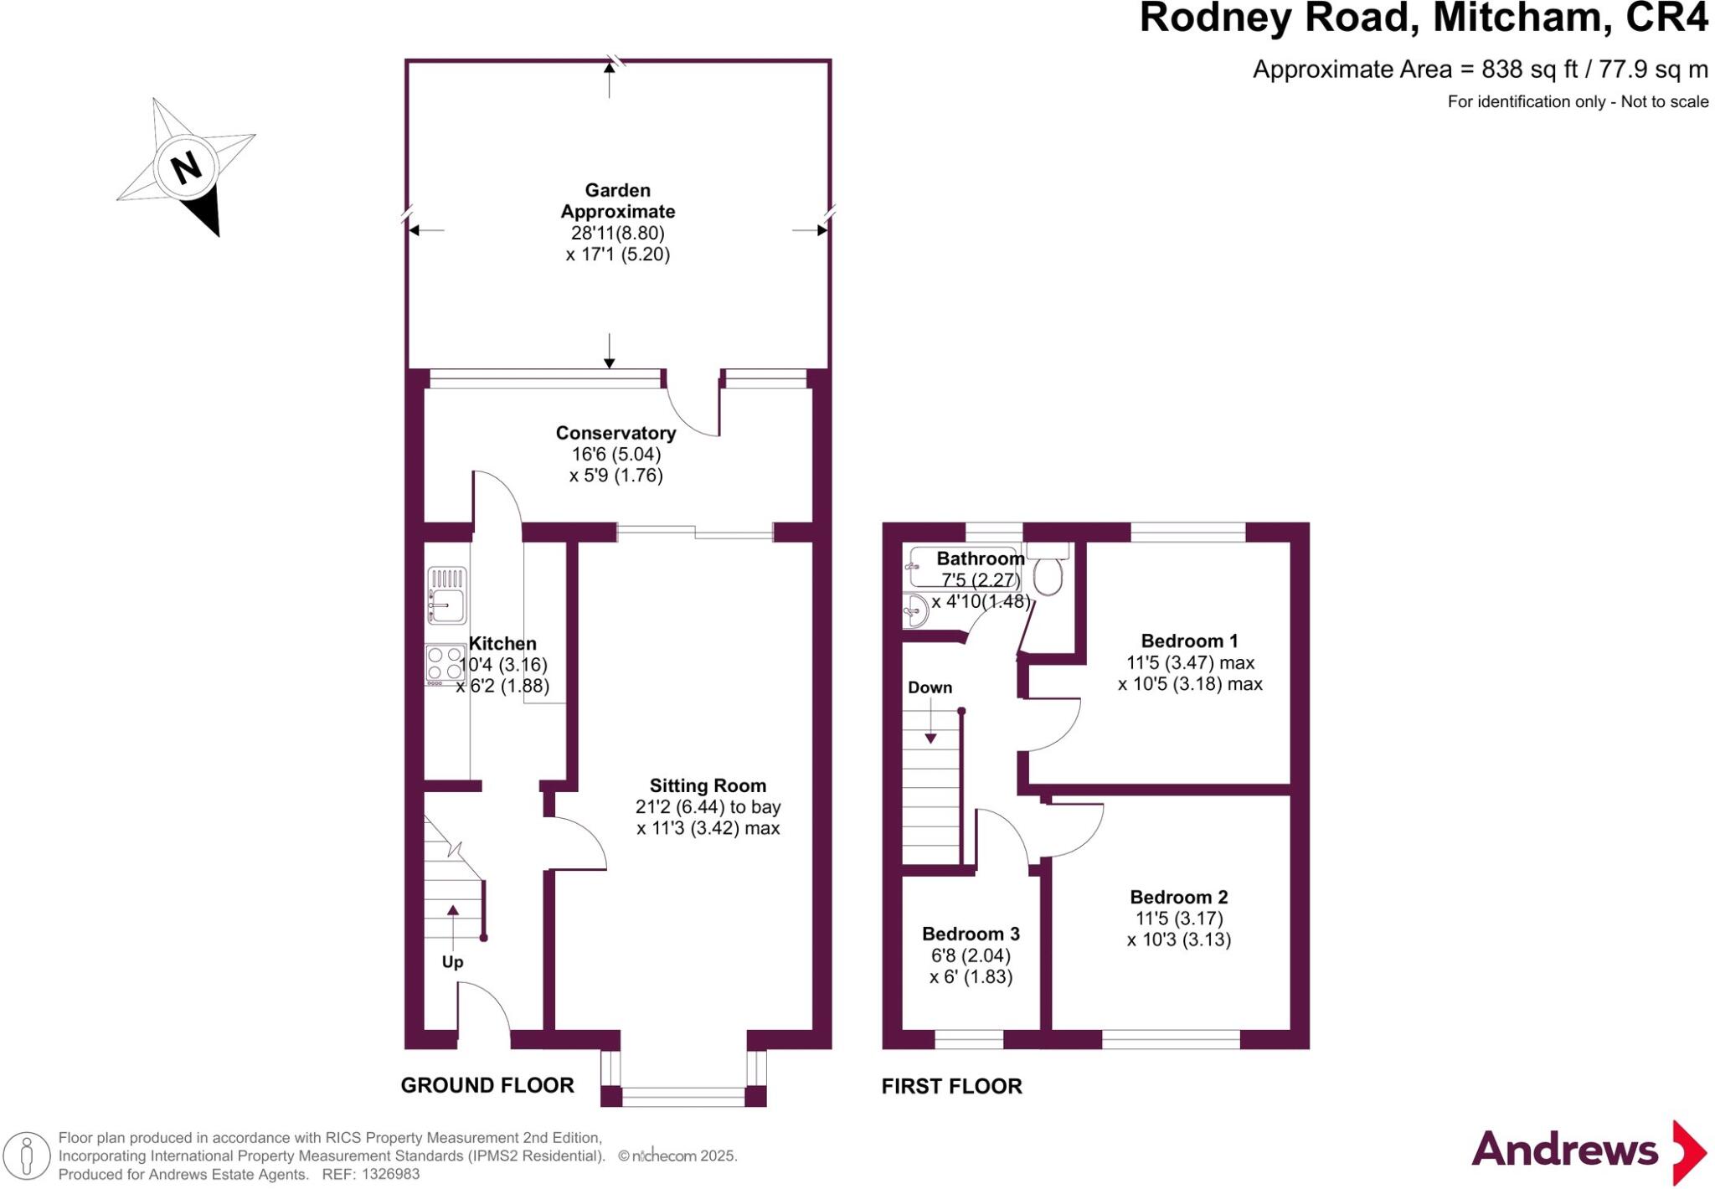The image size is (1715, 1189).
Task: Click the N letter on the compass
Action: click(186, 167)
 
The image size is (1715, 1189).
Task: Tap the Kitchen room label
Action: click(502, 643)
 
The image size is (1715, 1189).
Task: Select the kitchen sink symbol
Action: click(446, 595)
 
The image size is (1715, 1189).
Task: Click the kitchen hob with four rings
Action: click(445, 663)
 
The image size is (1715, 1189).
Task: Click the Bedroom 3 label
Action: click(971, 934)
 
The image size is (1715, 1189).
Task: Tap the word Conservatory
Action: click(615, 433)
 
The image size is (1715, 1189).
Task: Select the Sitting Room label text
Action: click(708, 785)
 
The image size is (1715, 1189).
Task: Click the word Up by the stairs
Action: click(452, 961)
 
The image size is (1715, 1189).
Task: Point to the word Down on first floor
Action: click(930, 687)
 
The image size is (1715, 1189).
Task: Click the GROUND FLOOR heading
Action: click(487, 1085)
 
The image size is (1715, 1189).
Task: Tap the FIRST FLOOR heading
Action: click(951, 1086)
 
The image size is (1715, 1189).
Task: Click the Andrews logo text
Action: click(1564, 1149)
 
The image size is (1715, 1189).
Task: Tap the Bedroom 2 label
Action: click(1178, 897)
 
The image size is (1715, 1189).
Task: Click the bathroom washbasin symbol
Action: click(915, 611)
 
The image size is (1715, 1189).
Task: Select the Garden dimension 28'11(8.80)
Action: click(617, 233)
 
